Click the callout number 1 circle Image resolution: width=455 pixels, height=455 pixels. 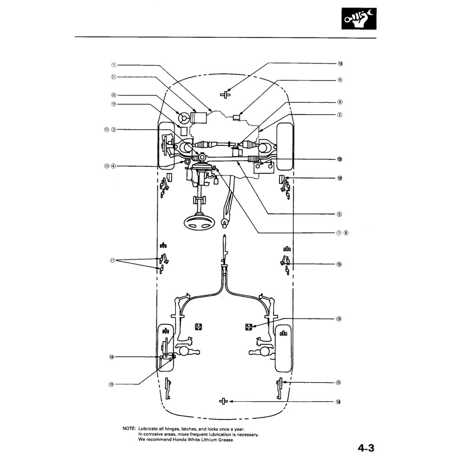[x=113, y=65]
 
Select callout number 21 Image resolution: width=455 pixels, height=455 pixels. [x=113, y=76]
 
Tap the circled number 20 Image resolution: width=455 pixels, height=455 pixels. [x=113, y=95]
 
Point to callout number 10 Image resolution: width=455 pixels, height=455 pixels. [x=113, y=104]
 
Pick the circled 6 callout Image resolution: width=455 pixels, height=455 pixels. [x=340, y=80]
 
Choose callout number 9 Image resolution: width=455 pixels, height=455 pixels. [x=340, y=102]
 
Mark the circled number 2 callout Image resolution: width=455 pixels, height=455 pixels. [x=340, y=115]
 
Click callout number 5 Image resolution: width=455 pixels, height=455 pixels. [x=340, y=214]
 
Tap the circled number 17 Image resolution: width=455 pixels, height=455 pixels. [x=113, y=260]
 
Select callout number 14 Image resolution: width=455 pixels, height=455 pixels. [x=112, y=357]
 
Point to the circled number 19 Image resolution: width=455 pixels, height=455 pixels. [x=112, y=384]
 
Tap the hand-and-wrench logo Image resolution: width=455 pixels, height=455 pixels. [x=359, y=19]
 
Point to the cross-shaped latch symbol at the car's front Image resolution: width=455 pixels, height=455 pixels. [x=225, y=94]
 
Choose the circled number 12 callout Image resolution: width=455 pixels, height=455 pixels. [x=106, y=166]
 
